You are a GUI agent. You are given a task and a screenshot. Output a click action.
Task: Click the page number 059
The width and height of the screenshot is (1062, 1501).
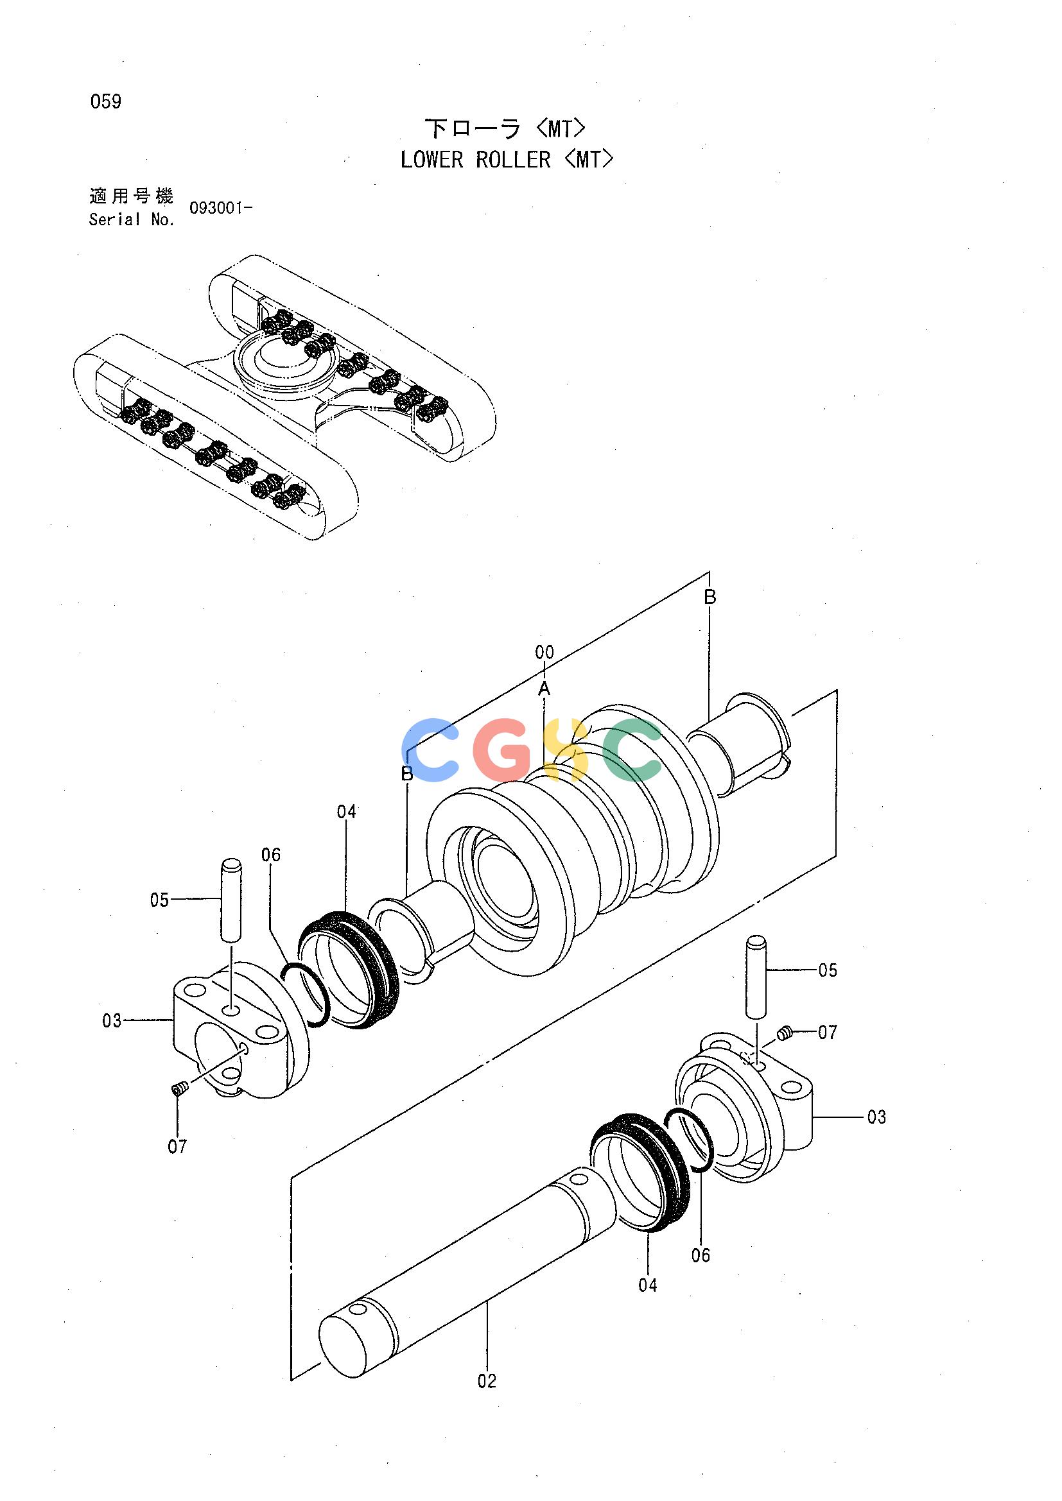click(x=106, y=102)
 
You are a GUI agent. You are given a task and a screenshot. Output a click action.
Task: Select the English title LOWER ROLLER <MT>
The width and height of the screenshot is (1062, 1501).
click(x=507, y=160)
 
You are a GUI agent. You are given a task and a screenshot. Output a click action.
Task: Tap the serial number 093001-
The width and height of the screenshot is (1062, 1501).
click(x=220, y=209)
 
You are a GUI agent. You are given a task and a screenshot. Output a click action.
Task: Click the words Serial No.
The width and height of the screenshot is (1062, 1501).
click(x=132, y=219)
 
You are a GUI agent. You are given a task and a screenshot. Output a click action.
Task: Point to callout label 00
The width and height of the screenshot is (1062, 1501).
click(x=544, y=652)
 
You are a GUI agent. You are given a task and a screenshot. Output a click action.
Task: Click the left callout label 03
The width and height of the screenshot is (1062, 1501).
click(x=112, y=1020)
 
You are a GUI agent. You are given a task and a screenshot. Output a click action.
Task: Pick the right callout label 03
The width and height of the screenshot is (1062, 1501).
click(x=876, y=1117)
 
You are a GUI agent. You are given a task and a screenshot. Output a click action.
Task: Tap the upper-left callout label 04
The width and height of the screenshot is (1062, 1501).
click(x=346, y=811)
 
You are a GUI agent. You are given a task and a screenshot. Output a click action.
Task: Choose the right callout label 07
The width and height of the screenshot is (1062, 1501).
click(x=827, y=1033)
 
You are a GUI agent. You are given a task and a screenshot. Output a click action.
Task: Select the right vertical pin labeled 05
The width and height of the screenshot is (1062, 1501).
click(x=756, y=978)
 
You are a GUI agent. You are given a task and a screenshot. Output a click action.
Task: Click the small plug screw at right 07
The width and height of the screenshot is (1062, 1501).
click(x=785, y=1033)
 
